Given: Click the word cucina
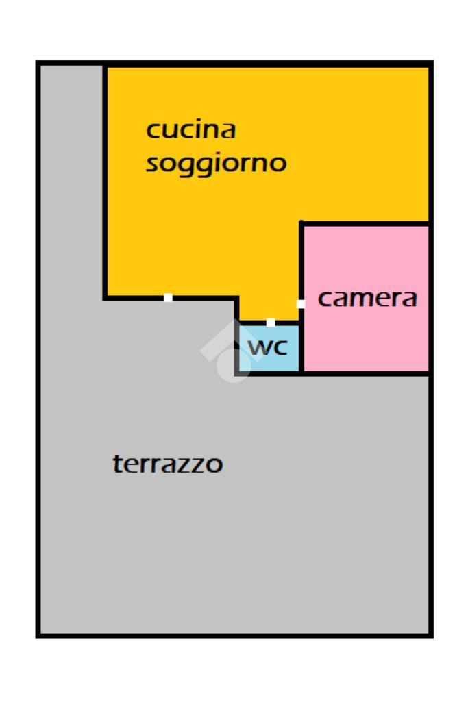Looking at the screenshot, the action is [191, 129].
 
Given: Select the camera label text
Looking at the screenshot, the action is [367, 299].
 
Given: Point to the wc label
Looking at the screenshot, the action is [268, 347].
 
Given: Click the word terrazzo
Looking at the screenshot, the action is [168, 464].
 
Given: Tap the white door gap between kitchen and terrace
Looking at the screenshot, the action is [168, 298].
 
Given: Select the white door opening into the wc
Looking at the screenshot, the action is [271, 322].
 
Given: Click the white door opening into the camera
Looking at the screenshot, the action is [300, 304].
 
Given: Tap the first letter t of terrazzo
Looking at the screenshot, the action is [116, 464].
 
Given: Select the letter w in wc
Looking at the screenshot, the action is [258, 347].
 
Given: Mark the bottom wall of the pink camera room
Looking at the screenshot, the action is [366, 373].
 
